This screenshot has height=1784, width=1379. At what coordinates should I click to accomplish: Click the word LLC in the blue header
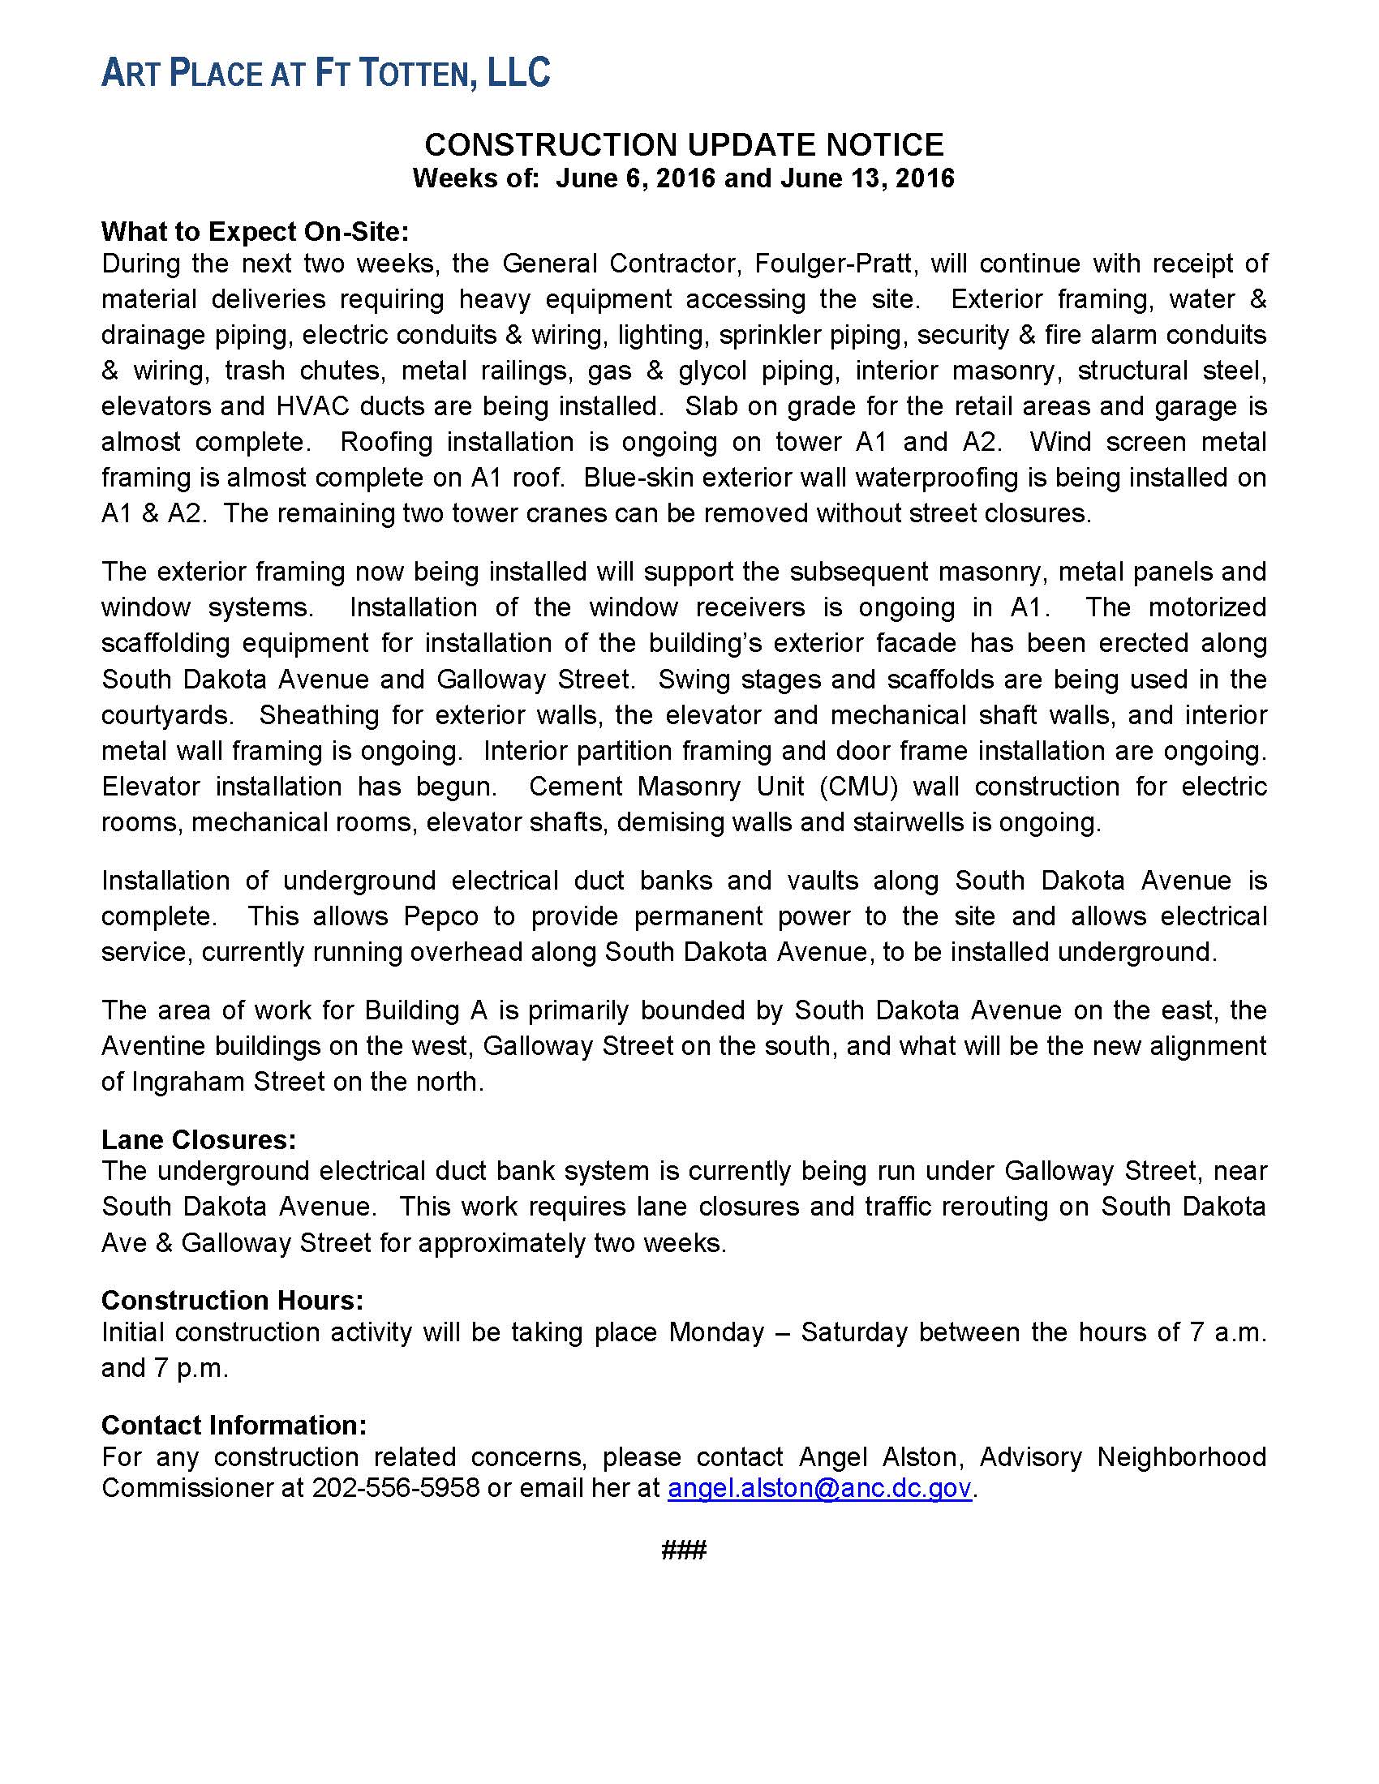[519, 73]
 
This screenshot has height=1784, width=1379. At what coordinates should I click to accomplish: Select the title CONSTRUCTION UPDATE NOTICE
[684, 144]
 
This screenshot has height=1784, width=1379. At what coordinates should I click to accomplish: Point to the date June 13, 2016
[867, 178]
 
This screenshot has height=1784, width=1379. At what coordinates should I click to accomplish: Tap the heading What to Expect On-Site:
[254, 232]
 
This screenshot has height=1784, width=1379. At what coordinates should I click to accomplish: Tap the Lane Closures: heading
[199, 1139]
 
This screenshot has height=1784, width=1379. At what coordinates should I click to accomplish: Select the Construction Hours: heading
[232, 1300]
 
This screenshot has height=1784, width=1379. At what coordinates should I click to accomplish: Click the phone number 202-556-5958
[395, 1488]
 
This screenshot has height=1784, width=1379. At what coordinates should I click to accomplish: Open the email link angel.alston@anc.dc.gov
[819, 1488]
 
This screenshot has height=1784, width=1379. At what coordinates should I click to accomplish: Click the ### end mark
[684, 1550]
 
